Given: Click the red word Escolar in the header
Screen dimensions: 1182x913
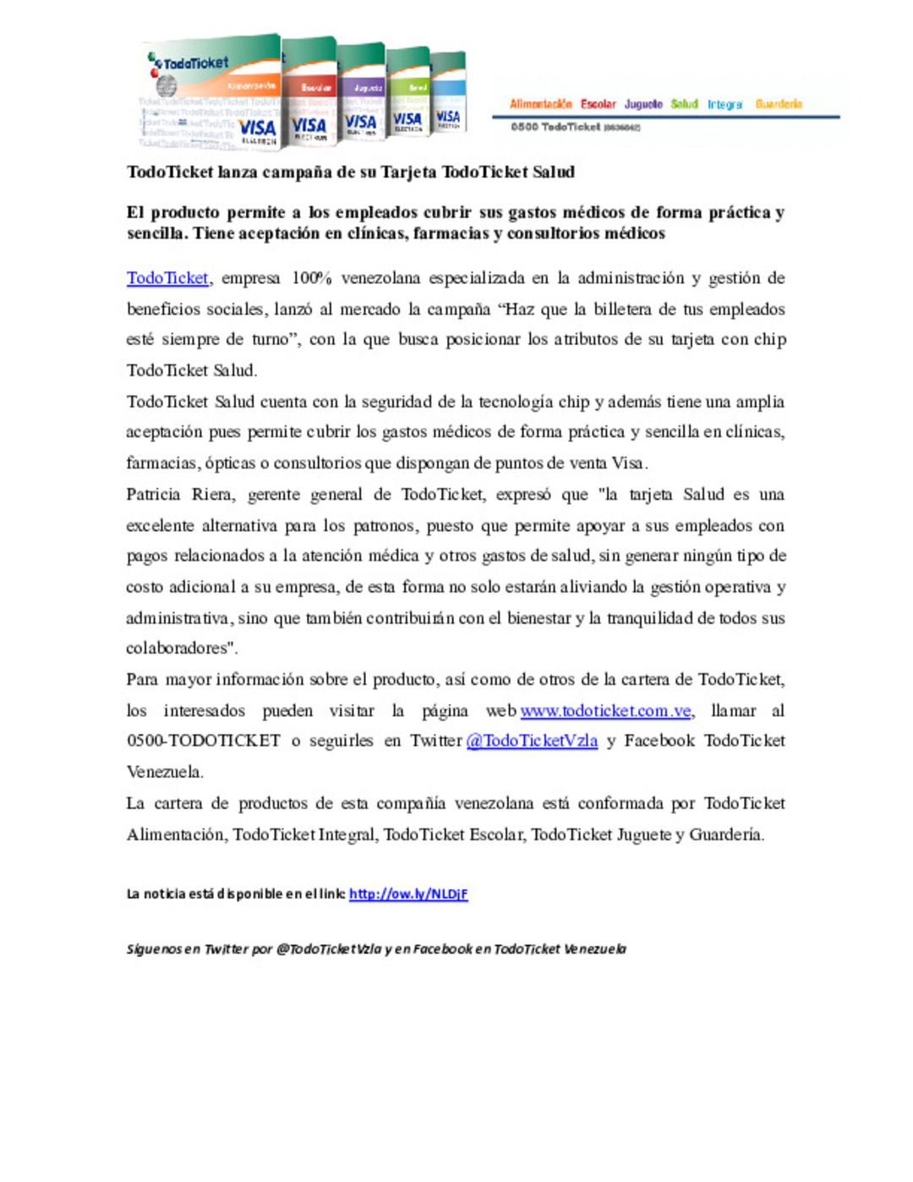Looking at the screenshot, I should tap(598, 104).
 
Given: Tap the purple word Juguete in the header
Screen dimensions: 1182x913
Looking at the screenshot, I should tap(643, 104).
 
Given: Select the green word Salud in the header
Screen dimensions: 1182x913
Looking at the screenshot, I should tap(684, 104).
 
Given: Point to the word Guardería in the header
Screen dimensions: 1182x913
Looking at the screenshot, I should tap(779, 104).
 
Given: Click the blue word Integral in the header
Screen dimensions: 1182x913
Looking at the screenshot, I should tap(725, 104).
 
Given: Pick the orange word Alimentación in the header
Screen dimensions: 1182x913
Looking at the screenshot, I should tap(540, 104).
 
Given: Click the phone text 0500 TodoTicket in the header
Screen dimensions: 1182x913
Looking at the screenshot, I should tap(555, 127).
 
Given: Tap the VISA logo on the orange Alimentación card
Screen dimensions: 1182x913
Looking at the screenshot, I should tap(257, 129).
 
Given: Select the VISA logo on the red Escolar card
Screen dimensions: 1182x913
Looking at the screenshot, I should tap(309, 126).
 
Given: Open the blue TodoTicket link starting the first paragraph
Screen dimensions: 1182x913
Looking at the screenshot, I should tap(167, 278).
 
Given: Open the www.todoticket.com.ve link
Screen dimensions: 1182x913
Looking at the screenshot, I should tap(605, 711).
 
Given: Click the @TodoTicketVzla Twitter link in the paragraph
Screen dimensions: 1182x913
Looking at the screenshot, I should tap(532, 741).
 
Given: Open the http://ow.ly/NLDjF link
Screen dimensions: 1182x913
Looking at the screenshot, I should tap(408, 894).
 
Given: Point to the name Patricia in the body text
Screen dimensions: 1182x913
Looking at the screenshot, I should tap(153, 495).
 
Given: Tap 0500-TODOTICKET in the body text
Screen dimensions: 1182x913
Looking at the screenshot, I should tap(203, 741).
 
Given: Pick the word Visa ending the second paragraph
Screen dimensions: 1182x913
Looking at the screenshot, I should tap(629, 463).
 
